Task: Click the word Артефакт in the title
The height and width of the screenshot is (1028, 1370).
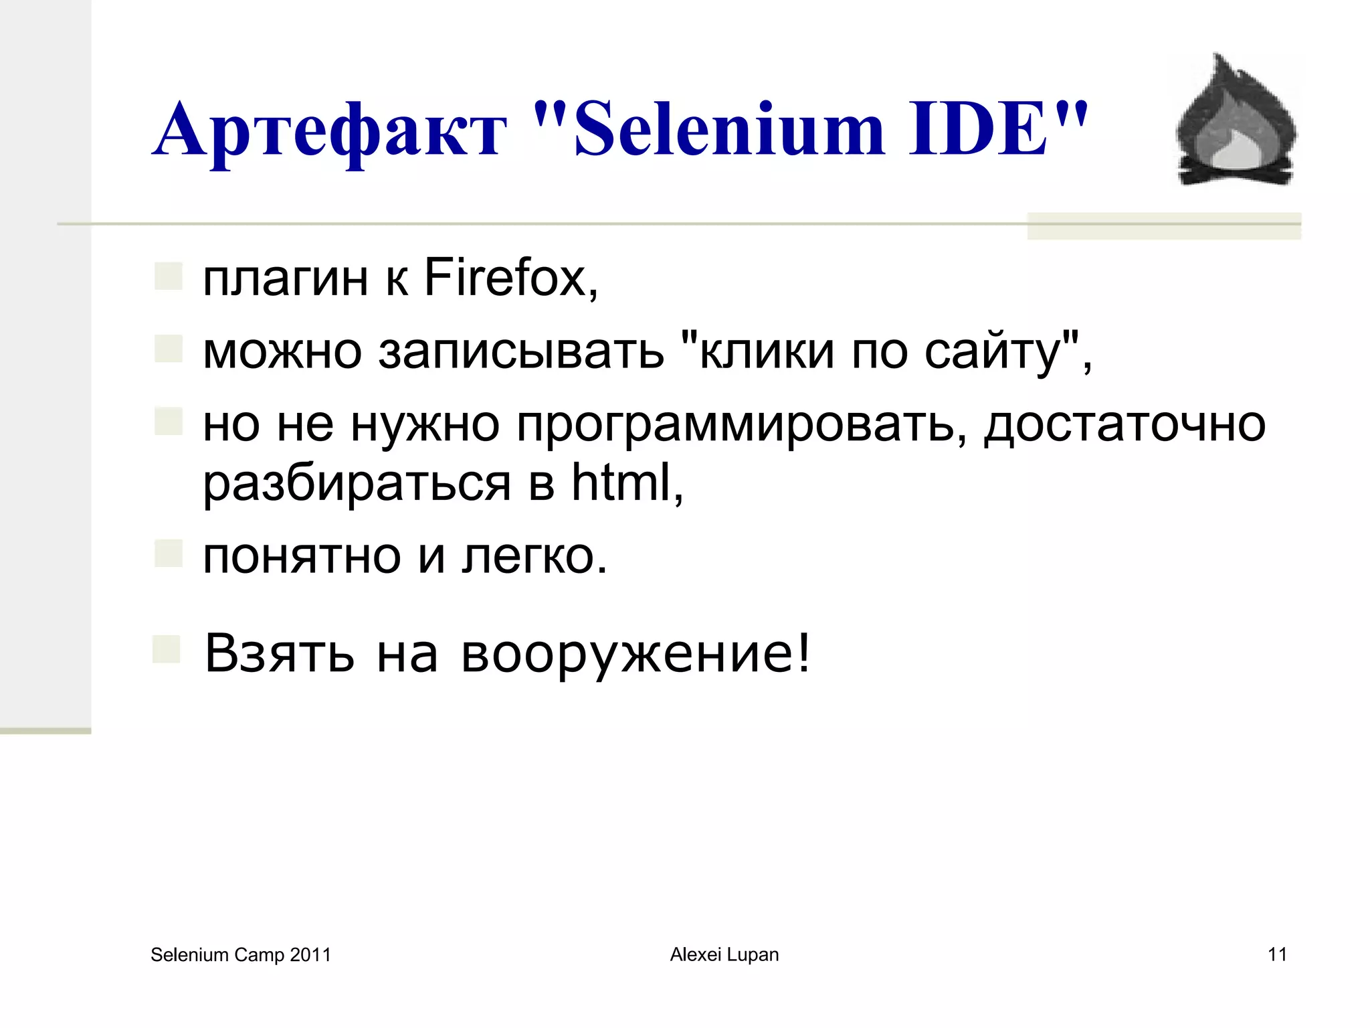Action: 329,130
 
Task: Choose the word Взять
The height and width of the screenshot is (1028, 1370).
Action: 280,653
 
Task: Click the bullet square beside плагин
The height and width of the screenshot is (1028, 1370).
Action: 169,276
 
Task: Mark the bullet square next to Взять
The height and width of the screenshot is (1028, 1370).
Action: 167,649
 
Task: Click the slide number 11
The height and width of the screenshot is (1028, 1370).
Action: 1277,954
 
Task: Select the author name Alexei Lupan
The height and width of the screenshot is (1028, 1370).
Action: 724,954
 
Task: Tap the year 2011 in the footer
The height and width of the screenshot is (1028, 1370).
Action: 310,955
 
